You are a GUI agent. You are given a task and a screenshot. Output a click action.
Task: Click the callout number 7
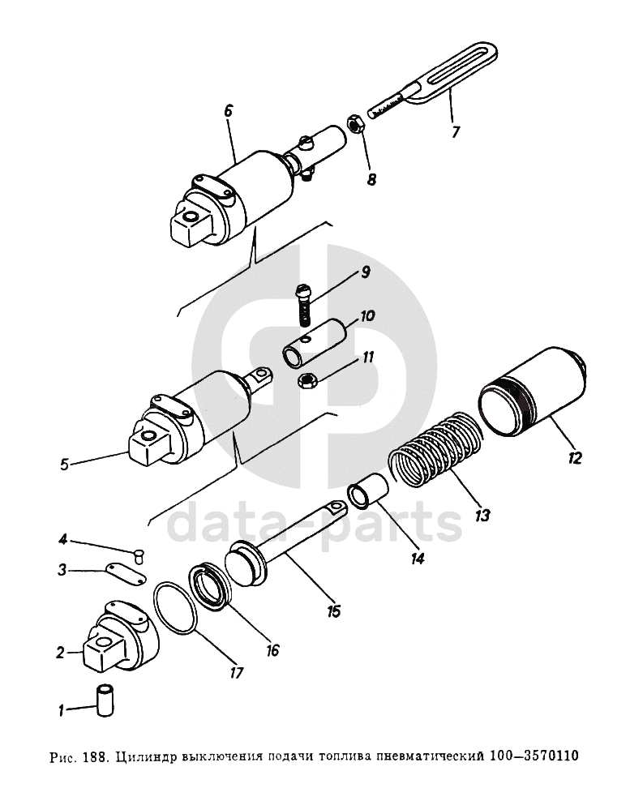point(455,132)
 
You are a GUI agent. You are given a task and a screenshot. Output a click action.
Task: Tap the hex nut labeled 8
point(354,123)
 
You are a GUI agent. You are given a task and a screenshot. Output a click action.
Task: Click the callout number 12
point(574,458)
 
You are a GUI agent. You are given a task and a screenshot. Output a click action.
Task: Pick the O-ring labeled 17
point(174,607)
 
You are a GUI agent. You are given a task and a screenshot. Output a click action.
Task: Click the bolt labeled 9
point(302,305)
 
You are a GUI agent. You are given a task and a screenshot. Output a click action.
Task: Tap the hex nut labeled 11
point(307,380)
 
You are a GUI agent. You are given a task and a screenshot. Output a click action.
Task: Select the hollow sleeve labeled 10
point(315,343)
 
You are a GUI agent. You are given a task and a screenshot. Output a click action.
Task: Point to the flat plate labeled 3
point(126,574)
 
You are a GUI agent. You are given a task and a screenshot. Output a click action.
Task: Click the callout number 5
point(64,465)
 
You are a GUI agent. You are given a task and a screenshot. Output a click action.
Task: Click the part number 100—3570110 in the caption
point(534,755)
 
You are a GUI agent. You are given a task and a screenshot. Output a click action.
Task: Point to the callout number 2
point(60,653)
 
